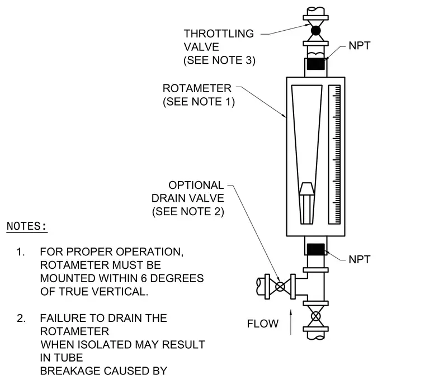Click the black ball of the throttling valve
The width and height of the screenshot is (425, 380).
315,31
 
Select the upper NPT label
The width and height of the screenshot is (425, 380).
360,46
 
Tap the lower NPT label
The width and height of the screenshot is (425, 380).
360,259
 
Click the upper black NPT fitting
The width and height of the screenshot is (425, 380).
315,64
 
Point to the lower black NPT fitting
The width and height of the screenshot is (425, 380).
315,249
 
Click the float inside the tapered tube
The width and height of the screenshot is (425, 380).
307,203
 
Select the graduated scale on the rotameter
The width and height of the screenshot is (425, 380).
334,155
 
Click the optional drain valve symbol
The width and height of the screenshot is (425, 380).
280,287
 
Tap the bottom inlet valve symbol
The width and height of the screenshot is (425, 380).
316,316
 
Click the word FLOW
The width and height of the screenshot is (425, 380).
263,324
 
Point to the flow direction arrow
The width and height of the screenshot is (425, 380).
291,322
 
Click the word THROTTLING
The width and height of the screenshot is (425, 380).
219,34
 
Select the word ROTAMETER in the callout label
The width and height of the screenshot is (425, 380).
197,88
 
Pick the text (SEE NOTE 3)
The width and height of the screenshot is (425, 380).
220,60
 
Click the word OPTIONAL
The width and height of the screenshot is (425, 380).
196,186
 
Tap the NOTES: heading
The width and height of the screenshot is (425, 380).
27,226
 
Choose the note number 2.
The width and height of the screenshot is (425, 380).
21,318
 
